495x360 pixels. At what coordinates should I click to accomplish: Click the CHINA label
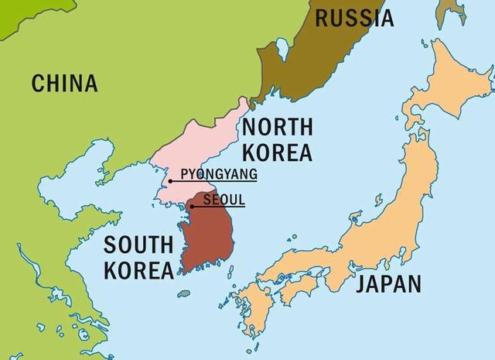(x=64, y=83)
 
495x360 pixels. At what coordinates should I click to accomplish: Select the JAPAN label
(x=388, y=283)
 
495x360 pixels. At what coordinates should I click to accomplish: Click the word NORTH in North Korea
(x=277, y=126)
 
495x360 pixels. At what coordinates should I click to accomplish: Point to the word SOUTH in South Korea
(x=138, y=245)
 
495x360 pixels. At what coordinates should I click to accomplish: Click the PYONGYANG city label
(x=218, y=173)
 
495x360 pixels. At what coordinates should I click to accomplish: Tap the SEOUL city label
(x=224, y=199)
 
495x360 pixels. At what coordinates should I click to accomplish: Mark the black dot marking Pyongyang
(x=170, y=181)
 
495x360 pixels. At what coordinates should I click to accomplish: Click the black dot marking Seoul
(x=191, y=206)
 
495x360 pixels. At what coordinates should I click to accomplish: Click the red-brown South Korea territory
(x=207, y=236)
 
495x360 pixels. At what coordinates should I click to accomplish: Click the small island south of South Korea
(x=183, y=293)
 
